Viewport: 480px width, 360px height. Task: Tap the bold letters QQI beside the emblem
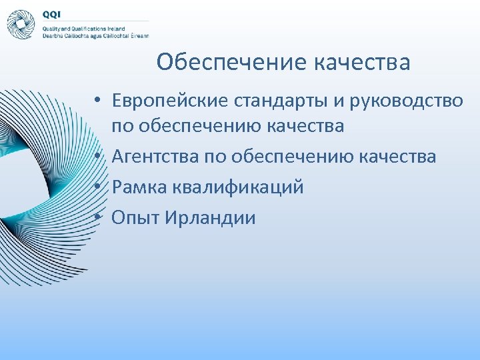click(x=51, y=14)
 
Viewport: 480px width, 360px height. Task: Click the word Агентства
click(x=152, y=157)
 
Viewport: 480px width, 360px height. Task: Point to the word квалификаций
click(x=238, y=187)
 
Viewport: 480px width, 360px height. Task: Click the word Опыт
click(x=133, y=218)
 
